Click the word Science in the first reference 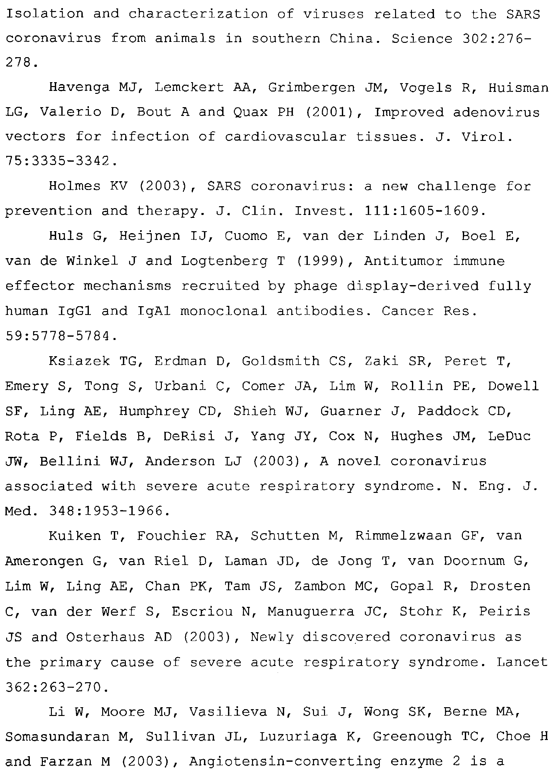coord(422,39)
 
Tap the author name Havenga coord(79,88)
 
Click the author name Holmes coord(75,186)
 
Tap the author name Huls coord(66,236)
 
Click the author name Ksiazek coord(79,361)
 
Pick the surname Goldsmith coord(281,361)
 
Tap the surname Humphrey coord(154,411)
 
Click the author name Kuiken coord(75,536)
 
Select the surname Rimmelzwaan coord(403,536)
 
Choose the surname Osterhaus coord(105,637)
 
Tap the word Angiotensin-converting coord(285,762)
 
